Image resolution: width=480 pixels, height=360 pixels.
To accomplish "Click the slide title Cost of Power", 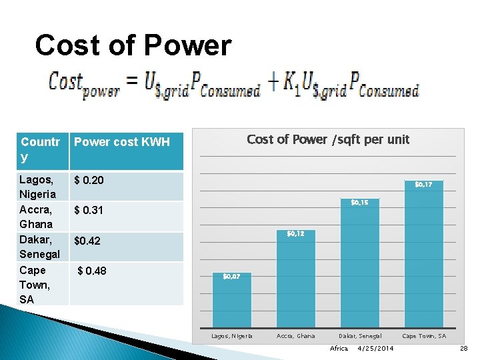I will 133,46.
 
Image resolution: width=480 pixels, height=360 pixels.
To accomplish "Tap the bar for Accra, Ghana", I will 295,280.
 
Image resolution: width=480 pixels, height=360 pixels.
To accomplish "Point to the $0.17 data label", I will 428,184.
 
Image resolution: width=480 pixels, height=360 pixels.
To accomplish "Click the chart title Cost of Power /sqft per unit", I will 328,139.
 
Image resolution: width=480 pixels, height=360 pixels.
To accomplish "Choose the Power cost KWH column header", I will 122,142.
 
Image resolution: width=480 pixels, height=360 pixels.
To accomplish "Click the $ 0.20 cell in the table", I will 89,181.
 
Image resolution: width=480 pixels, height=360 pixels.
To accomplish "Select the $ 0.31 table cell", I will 89,210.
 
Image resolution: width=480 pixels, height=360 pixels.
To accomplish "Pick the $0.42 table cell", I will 87,241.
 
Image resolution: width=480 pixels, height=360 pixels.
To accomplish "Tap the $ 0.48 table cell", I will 92,271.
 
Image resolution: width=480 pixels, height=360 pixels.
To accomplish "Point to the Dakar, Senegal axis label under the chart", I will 360,336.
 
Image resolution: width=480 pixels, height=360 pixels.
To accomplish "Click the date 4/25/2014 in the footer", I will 375,349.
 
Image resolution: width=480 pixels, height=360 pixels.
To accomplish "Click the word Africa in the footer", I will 339,349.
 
